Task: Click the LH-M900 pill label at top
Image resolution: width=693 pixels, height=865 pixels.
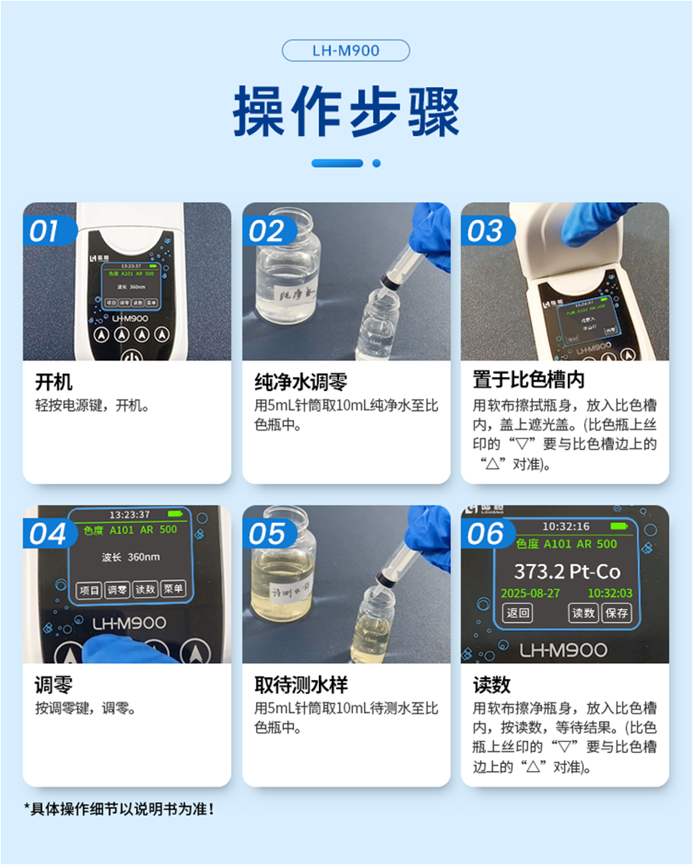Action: [345, 51]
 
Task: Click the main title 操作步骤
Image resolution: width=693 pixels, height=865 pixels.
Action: [346, 112]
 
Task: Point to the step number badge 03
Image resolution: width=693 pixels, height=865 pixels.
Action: [485, 231]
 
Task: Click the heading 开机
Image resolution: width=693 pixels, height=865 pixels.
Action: [54, 382]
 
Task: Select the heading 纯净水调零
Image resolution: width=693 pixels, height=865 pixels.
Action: [300, 382]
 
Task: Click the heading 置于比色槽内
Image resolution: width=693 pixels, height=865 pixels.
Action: [528, 381]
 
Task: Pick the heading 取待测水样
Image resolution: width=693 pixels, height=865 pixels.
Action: [300, 685]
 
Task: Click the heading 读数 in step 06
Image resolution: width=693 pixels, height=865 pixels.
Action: [492, 685]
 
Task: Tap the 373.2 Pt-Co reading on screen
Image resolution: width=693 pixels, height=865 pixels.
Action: [567, 572]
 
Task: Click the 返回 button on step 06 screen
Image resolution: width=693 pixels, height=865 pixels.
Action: [518, 613]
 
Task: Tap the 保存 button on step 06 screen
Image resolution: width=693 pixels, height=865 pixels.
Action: [616, 613]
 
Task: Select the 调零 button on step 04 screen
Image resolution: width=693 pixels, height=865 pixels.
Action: [117, 591]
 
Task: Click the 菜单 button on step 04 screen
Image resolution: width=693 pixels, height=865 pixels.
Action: [173, 591]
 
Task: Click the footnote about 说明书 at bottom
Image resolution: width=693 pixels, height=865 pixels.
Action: [118, 809]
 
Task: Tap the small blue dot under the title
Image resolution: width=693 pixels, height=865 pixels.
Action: [376, 163]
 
